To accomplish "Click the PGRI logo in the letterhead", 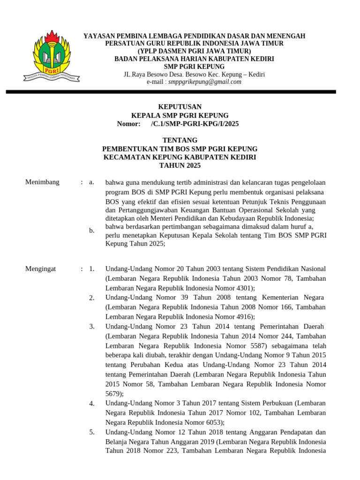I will pyautogui.click(x=52, y=56).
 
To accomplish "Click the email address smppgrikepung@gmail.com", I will pyautogui.click(x=208, y=82).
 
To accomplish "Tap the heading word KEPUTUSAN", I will pyautogui.click(x=180, y=107).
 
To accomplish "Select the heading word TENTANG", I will pyautogui.click(x=180, y=140).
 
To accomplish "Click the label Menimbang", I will pyautogui.click(x=42, y=182).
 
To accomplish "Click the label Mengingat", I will pyautogui.click(x=41, y=269).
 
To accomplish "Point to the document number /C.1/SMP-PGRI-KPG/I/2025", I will pyautogui.click(x=195, y=124).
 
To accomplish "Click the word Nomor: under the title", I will pyautogui.click(x=128, y=124).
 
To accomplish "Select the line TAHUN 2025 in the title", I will pyautogui.click(x=180, y=165).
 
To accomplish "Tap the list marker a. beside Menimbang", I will pyautogui.click(x=92, y=182).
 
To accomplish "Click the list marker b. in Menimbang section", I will pyautogui.click(x=92, y=230).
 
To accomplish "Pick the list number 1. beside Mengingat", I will pyautogui.click(x=92, y=269).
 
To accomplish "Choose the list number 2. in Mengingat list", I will pyautogui.click(x=92, y=298).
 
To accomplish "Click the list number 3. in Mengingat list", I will pyautogui.click(x=92, y=326).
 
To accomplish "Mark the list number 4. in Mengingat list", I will pyautogui.click(x=92, y=404).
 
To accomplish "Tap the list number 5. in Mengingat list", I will pyautogui.click(x=92, y=432).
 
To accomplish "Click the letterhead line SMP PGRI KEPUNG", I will pyautogui.click(x=194, y=67).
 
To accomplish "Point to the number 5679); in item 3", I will pyautogui.click(x=115, y=394).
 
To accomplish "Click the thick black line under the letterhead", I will pyautogui.click(x=180, y=92).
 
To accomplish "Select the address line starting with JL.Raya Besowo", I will pyautogui.click(x=194, y=75).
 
